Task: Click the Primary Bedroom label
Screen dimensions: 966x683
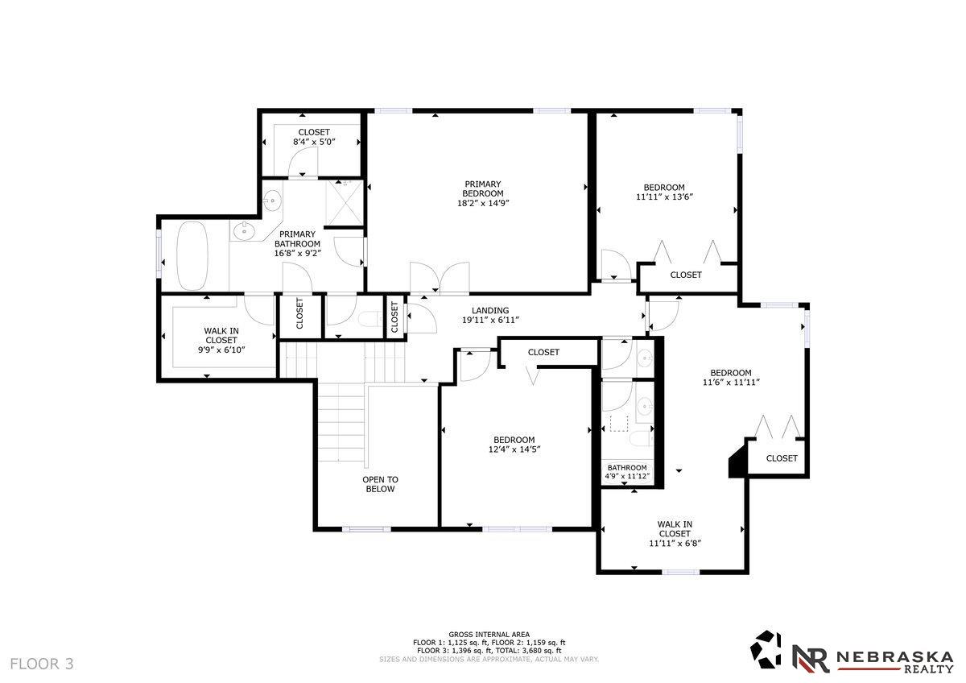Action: click(x=482, y=188)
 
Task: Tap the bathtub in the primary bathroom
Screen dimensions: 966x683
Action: click(x=192, y=256)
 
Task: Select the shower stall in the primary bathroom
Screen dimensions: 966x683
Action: click(x=345, y=203)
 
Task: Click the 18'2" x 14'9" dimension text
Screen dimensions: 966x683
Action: click(x=483, y=203)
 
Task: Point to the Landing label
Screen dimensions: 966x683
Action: click(x=490, y=310)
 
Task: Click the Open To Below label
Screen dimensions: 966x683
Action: click(x=380, y=484)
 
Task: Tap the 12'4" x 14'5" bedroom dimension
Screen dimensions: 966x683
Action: click(x=514, y=449)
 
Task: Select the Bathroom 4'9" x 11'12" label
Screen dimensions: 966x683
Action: click(x=627, y=472)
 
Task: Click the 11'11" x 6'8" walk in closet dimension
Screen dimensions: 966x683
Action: click(x=675, y=543)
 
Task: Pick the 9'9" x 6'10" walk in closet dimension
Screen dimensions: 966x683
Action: click(x=221, y=350)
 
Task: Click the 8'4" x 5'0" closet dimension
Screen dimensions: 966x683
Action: click(x=314, y=142)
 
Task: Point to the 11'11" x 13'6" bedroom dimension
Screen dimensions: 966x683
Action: click(x=664, y=197)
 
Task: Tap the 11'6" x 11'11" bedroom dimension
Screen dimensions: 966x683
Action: click(x=731, y=382)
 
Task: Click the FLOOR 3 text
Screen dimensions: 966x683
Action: click(x=42, y=664)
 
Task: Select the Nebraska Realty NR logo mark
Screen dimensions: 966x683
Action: click(x=810, y=659)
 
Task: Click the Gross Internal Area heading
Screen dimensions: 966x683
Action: click(x=489, y=634)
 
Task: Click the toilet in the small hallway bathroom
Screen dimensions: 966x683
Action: click(x=369, y=320)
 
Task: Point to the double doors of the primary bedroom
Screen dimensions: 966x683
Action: click(x=440, y=279)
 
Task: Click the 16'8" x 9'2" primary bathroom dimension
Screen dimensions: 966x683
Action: click(x=298, y=253)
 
